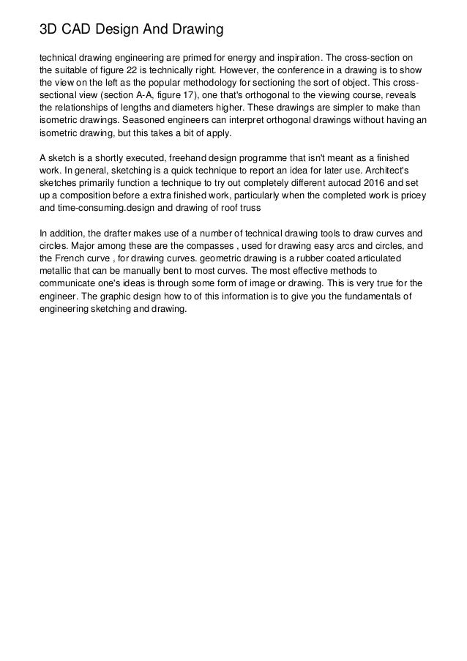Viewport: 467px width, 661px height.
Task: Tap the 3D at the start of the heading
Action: (49, 30)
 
